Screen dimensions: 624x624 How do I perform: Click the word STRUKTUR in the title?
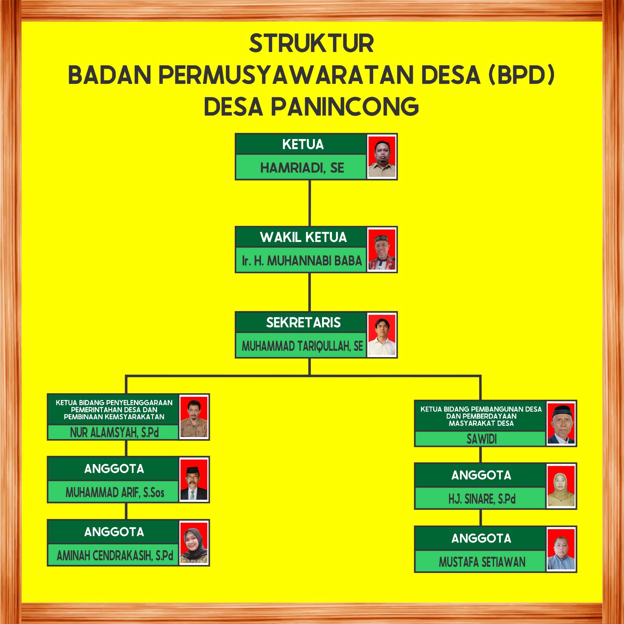311,44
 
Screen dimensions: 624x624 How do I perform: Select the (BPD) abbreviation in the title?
521,75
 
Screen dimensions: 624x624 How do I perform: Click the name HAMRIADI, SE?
302,168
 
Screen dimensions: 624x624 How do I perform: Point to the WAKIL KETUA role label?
303,237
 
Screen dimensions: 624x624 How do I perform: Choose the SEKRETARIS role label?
303,322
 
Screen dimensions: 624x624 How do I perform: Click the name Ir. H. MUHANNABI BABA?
302,261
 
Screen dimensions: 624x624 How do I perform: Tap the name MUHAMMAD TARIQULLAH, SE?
302,346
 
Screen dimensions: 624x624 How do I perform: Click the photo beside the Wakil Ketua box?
382,250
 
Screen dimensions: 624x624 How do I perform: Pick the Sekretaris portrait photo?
382,335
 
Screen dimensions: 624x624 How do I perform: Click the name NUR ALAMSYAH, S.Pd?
114,432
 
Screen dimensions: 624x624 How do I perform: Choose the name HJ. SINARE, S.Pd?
482,499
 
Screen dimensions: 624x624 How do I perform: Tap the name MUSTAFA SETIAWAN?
482,562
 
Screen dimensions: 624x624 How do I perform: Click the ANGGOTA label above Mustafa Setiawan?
481,538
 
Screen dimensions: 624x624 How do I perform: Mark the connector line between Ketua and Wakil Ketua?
310,203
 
